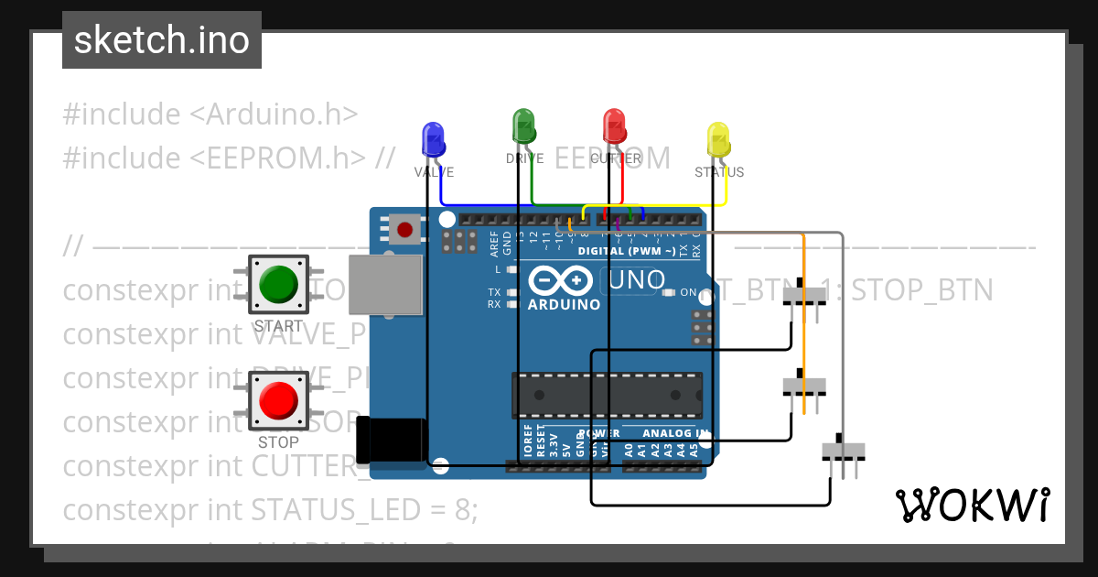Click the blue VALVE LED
[x=432, y=138]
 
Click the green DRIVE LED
[x=523, y=125]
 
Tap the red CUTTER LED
[x=614, y=125]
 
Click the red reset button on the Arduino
[x=404, y=228]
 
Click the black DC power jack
[x=391, y=440]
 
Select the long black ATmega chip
[x=607, y=395]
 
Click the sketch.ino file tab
[x=162, y=40]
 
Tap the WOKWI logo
[x=972, y=505]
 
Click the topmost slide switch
[x=804, y=294]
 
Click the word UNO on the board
[x=645, y=280]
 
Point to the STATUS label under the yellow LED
[x=718, y=172]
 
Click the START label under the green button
[x=278, y=326]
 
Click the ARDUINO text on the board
[x=564, y=304]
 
